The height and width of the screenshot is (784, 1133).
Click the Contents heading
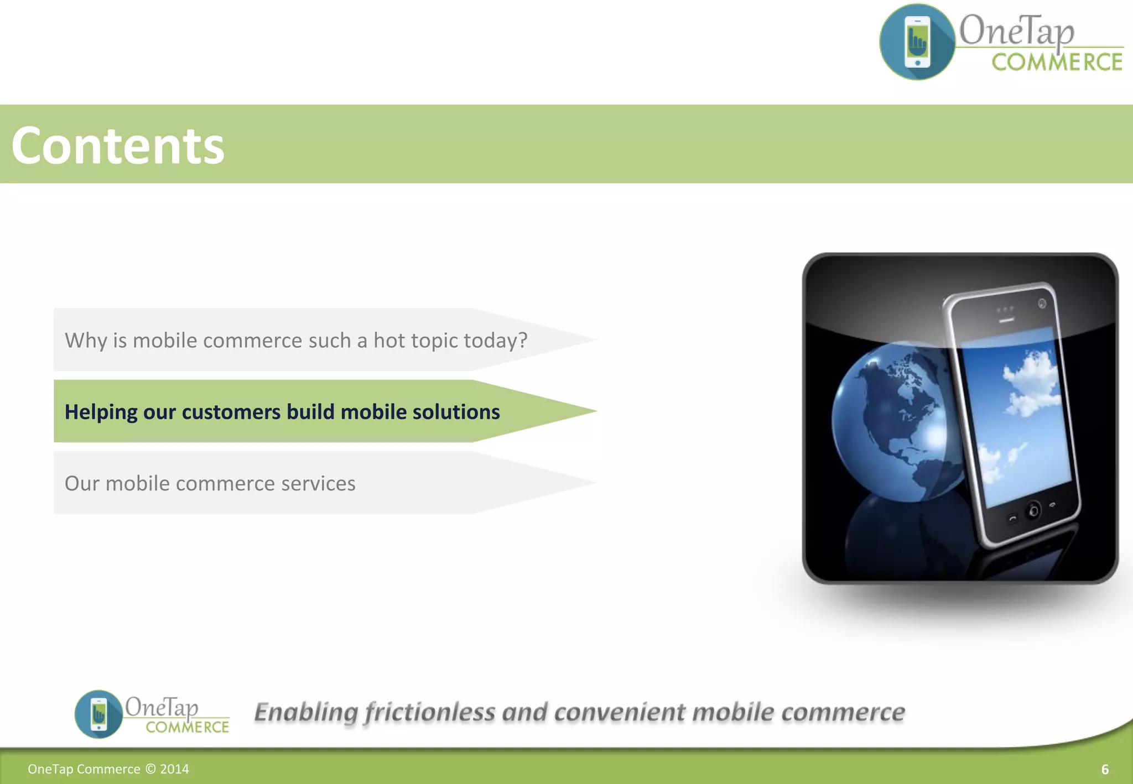pyautogui.click(x=118, y=145)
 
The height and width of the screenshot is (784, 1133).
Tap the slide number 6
pyautogui.click(x=1105, y=770)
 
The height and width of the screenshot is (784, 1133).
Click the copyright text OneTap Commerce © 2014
pyautogui.click(x=108, y=769)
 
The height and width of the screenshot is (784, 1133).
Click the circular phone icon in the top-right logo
pyautogui.click(x=917, y=42)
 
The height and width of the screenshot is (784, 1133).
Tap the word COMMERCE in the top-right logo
pyautogui.click(x=1057, y=62)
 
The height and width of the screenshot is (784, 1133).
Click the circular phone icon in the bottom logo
pyautogui.click(x=98, y=714)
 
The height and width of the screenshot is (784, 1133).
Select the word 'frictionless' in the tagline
pyautogui.click(x=430, y=712)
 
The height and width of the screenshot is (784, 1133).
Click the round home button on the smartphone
pyautogui.click(x=1033, y=510)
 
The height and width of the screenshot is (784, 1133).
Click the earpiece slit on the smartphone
pyautogui.click(x=1006, y=320)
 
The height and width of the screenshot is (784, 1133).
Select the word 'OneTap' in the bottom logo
pyautogui.click(x=161, y=707)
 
